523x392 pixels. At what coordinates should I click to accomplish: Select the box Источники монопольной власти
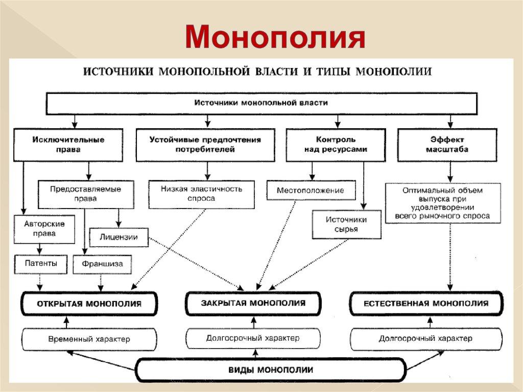click(261, 103)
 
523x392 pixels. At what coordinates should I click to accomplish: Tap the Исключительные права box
click(68, 145)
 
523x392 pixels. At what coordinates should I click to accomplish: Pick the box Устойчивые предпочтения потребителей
click(205, 145)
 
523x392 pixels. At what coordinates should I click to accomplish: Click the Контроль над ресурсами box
click(336, 145)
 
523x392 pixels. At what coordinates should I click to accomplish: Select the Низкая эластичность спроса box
click(201, 194)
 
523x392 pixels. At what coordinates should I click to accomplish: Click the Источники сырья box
click(346, 224)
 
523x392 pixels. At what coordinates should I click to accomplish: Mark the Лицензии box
click(118, 237)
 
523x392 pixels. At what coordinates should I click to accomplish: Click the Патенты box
click(39, 264)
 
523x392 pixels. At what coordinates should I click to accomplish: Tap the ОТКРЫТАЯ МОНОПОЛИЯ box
click(89, 304)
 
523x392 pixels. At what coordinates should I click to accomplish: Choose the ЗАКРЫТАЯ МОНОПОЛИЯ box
click(253, 303)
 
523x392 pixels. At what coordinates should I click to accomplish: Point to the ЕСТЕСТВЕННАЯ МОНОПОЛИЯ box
click(425, 303)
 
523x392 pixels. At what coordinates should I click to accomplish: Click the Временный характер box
click(89, 339)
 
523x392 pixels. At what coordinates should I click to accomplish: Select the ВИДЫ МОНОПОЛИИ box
click(270, 369)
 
